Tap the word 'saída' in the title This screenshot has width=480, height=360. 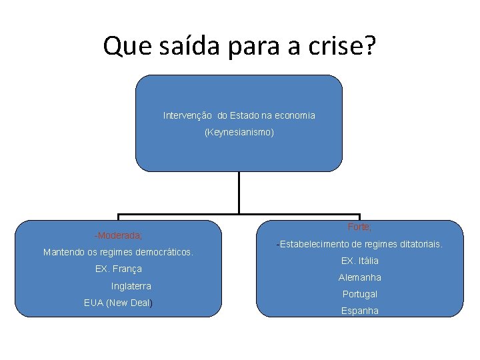pyautogui.click(x=189, y=45)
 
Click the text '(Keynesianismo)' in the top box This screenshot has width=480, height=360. pyautogui.click(x=239, y=133)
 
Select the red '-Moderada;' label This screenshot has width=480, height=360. pyautogui.click(x=118, y=235)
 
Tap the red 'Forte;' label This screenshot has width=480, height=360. pyautogui.click(x=360, y=227)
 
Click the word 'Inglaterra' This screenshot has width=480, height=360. pyautogui.click(x=131, y=286)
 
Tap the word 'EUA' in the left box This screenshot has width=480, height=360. pyautogui.click(x=94, y=303)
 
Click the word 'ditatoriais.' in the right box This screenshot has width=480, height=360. pyautogui.click(x=419, y=244)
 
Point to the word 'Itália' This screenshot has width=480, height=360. pyautogui.click(x=369, y=261)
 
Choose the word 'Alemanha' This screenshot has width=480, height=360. pyautogui.click(x=360, y=277)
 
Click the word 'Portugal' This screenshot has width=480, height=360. pyautogui.click(x=360, y=294)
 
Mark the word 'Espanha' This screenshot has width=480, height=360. pyautogui.click(x=360, y=311)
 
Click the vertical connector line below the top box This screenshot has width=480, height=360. pyautogui.click(x=239, y=193)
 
